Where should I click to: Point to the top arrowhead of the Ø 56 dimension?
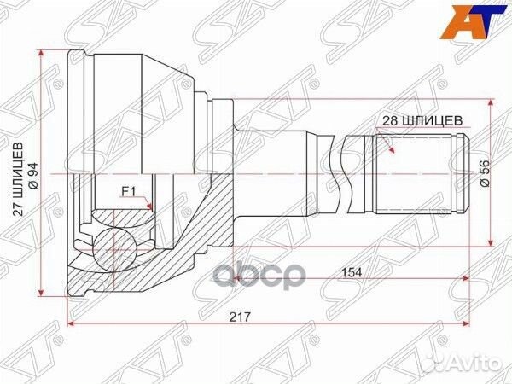click(x=490, y=102)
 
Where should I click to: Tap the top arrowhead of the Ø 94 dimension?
click(x=41, y=54)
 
